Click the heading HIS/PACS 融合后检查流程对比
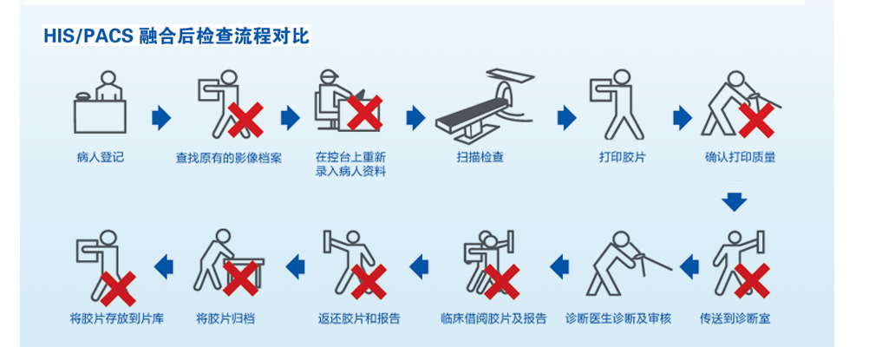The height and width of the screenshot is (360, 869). click(176, 36)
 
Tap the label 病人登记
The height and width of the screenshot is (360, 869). click(101, 158)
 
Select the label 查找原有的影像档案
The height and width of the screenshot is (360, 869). click(229, 158)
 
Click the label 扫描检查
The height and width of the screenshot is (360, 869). click(480, 158)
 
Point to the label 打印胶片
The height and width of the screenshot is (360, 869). click(623, 158)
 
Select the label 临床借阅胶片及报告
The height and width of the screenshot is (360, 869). click(493, 319)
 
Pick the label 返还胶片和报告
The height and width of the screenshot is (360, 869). click(359, 319)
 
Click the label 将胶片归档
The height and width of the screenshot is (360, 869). click(225, 319)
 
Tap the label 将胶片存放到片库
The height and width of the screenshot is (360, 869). click(117, 319)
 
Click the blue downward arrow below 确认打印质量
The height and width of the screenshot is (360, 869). click(735, 202)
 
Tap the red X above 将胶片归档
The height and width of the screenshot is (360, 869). click(240, 278)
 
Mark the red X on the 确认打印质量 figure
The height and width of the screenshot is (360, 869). click(756, 121)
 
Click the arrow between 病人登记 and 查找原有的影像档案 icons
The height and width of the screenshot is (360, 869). click(161, 118)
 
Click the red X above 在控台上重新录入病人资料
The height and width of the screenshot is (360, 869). click(364, 113)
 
